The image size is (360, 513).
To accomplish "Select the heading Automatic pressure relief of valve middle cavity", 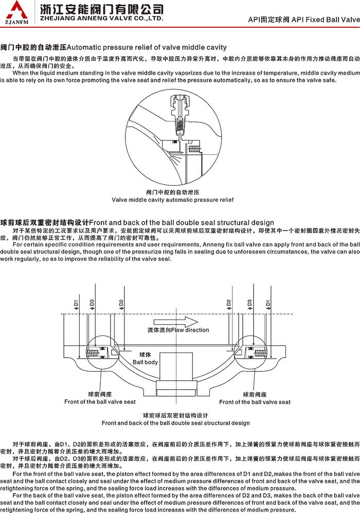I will tap(147, 47).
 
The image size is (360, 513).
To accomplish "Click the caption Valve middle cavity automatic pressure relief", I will tap(172, 199).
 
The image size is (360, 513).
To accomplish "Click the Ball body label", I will tap(146, 362).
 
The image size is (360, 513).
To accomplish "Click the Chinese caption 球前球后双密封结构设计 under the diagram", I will tap(175, 415).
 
